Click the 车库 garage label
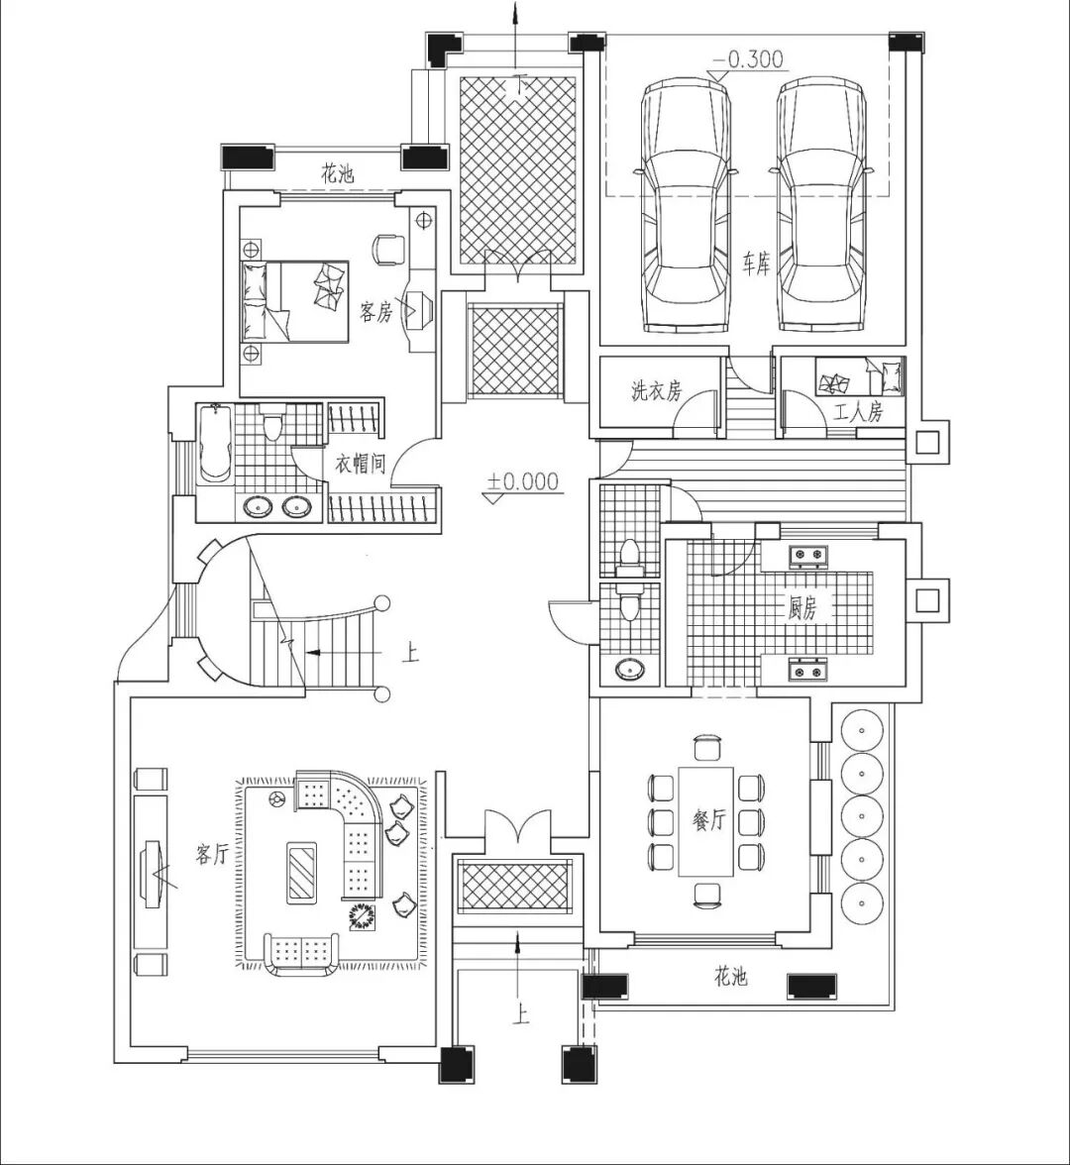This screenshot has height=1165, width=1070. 756,265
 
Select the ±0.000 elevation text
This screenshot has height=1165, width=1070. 522,482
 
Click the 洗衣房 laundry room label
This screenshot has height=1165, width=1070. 657,391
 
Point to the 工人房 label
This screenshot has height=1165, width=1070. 858,413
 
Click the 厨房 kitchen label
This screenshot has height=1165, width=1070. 802,608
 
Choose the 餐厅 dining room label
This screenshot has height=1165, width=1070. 709,820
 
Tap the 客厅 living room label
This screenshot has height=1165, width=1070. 212,854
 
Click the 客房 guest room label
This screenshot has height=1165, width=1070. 376,312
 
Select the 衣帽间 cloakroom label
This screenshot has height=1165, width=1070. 360,463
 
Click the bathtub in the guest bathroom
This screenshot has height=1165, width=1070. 215,444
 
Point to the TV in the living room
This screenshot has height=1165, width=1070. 152,872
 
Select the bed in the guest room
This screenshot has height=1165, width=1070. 295,301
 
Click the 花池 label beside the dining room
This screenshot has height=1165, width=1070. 730,978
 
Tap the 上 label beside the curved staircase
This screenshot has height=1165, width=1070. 409,654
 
